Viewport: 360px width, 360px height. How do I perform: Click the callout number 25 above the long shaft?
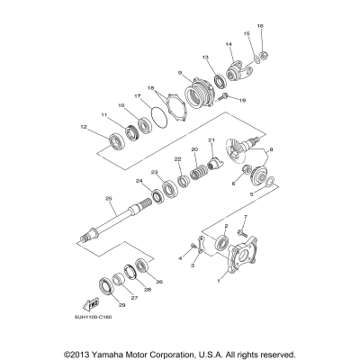pyautogui.click(x=108, y=198)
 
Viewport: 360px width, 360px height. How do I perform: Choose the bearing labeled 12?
pyautogui.click(x=116, y=140)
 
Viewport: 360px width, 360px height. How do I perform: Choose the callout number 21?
pyautogui.click(x=211, y=140)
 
